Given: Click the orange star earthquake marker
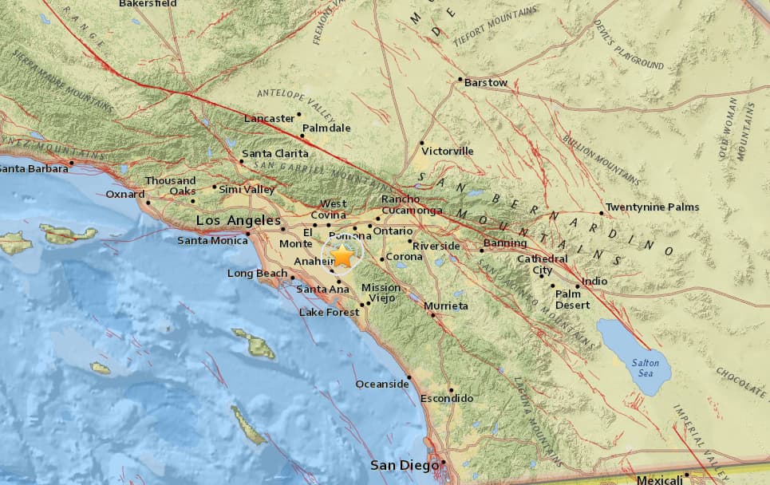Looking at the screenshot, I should point(342,257).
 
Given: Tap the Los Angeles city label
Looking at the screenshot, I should point(239,220).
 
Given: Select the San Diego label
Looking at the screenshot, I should point(405,465).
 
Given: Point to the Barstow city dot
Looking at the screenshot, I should point(460,80).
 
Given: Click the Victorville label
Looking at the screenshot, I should point(448,151).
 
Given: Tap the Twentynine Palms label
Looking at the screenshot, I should point(652,207).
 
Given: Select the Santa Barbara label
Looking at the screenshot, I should point(32,168).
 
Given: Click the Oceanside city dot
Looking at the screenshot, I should point(409,377).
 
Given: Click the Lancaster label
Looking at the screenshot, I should point(269,119).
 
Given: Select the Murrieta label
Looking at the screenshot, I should point(446,306).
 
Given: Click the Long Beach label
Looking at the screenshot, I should point(251,274).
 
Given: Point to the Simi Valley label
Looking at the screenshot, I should point(247,190).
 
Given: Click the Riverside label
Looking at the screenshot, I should point(436,246).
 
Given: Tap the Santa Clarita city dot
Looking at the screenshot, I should point(241,161).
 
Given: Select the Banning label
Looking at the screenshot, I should point(505,243).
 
